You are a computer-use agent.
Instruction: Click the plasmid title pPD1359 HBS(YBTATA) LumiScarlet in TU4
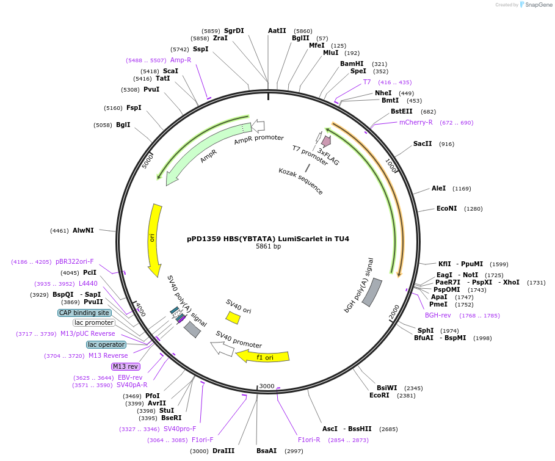coord(268,239)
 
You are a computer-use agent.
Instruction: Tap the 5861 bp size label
coord(268,247)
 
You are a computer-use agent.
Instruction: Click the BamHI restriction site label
coord(352,64)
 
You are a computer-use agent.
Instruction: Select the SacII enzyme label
coord(423,143)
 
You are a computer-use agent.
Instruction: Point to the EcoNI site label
coord(447,208)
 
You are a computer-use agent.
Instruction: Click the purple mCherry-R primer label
coord(416,122)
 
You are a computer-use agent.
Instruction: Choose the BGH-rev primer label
coord(438,315)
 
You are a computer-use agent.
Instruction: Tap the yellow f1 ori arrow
coord(263,356)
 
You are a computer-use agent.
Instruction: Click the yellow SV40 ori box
coord(233,318)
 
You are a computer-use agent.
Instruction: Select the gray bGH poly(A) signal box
coord(372,292)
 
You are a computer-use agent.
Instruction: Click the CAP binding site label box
coord(84,313)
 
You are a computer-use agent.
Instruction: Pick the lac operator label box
coord(106,344)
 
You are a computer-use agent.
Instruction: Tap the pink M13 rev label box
coord(125,366)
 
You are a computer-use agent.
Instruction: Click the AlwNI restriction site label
coord(83,230)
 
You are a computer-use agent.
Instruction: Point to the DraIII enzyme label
coord(223,451)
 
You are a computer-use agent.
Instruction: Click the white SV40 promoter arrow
coord(222,349)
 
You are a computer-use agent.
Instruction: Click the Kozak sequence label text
coord(300,181)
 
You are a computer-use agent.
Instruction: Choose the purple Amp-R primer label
coord(181,60)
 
